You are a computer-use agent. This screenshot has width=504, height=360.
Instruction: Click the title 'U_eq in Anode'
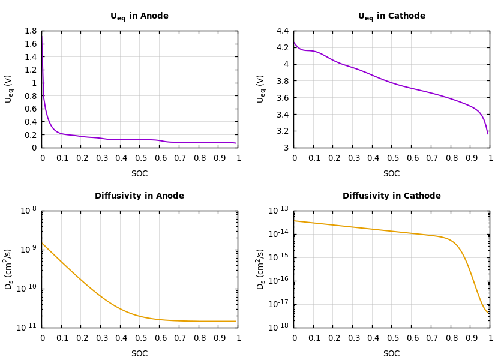(x=139, y=16)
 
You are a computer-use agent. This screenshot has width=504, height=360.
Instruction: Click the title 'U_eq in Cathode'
(x=391, y=16)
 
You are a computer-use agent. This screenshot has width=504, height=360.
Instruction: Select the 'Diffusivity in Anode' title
(x=139, y=196)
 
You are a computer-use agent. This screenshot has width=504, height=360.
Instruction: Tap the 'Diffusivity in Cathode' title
(x=391, y=196)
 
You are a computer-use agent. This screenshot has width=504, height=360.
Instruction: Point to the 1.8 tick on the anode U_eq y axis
(x=30, y=31)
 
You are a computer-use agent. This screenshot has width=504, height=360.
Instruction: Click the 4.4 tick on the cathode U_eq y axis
(x=282, y=31)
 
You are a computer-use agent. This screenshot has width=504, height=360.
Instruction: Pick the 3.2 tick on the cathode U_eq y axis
(x=282, y=131)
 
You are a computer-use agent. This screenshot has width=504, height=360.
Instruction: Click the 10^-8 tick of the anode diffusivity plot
(x=28, y=210)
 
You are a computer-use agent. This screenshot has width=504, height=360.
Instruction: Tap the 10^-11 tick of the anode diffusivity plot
(x=28, y=327)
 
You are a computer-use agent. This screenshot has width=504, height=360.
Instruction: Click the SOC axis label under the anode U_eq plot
(x=139, y=174)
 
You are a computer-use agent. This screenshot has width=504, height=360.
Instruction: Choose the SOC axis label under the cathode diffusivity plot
(x=391, y=354)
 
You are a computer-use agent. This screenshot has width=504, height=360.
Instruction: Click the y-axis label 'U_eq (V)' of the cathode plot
(x=261, y=89)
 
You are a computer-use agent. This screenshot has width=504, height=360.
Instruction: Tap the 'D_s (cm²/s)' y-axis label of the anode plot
(x=9, y=269)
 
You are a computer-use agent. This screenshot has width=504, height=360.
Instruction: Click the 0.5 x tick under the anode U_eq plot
(x=140, y=158)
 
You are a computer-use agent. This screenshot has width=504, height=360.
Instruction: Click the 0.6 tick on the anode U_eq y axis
(x=30, y=109)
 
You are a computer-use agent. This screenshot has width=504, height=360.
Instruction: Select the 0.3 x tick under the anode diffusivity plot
(x=101, y=338)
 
